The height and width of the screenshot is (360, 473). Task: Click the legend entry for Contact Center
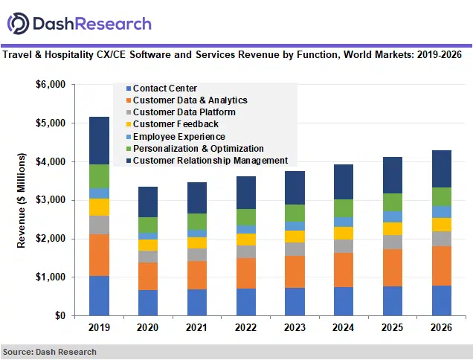click(164, 89)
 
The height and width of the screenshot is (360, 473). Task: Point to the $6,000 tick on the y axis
click(51, 85)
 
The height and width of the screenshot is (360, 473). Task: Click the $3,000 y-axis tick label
click(51, 200)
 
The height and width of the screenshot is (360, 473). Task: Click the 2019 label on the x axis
click(99, 327)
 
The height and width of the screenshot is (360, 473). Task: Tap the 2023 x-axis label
click(296, 327)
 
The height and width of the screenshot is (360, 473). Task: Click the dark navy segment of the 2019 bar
click(99, 141)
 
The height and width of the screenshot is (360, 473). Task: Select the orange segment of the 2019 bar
click(99, 255)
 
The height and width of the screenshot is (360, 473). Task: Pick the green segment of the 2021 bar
click(197, 222)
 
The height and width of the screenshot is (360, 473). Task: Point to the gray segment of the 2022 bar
click(247, 251)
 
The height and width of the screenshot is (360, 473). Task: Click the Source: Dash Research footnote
click(49, 352)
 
